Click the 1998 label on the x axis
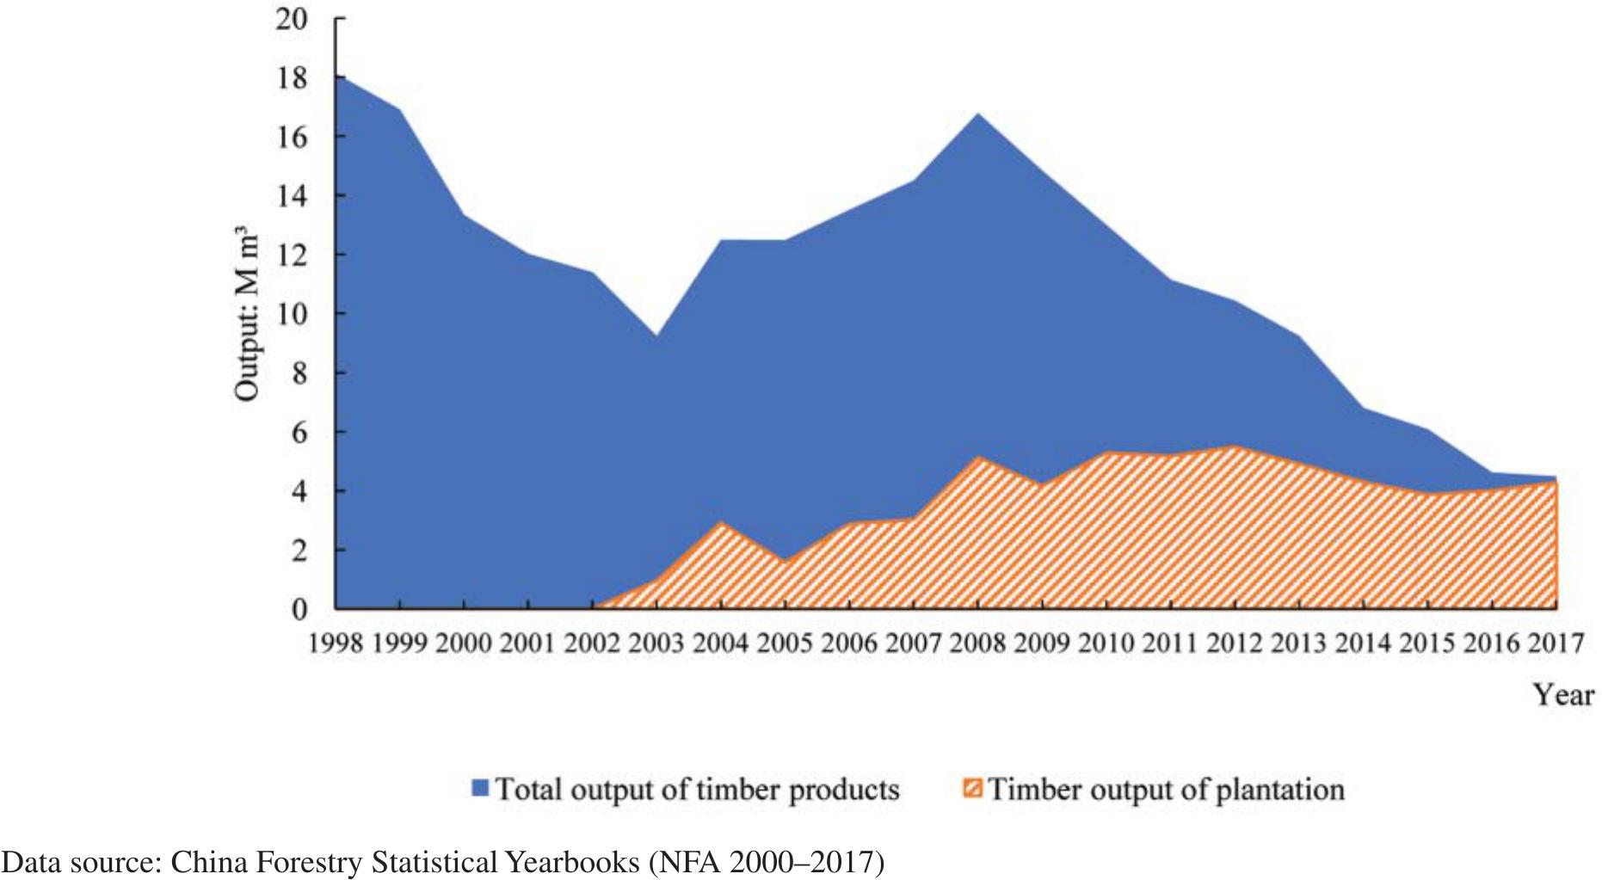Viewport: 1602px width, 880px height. tap(336, 643)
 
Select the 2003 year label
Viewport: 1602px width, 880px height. tap(657, 643)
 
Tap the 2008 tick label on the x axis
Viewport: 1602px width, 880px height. tap(978, 643)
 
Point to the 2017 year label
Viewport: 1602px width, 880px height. tap(1556, 643)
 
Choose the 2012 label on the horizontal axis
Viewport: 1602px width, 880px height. tap(1235, 643)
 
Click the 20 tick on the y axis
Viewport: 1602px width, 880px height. tap(292, 19)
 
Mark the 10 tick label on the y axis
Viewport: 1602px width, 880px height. tap(292, 314)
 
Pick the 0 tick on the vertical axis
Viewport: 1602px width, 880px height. tap(299, 610)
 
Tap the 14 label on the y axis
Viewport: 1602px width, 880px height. tap(292, 196)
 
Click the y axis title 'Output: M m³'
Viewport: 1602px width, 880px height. tap(247, 314)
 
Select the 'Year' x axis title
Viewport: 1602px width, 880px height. tap(1564, 694)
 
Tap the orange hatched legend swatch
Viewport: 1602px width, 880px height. tap(972, 789)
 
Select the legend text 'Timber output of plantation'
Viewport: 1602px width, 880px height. tap(1166, 789)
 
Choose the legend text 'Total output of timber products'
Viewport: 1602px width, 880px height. tap(697, 789)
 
